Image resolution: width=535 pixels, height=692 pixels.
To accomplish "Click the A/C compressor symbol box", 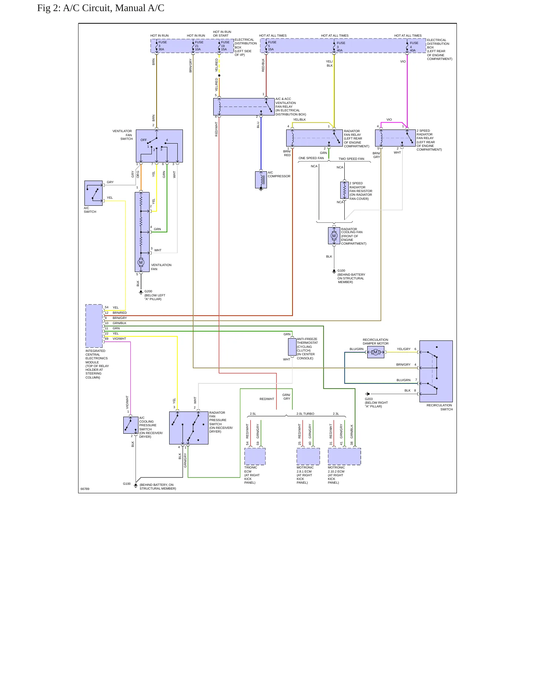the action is click(x=261, y=179).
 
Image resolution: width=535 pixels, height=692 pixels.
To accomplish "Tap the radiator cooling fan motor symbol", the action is click(x=334, y=236).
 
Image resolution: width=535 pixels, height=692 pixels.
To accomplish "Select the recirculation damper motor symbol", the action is click(x=375, y=352).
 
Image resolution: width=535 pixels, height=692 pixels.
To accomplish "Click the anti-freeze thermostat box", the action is click(x=292, y=347).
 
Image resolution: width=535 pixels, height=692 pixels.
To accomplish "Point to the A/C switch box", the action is click(x=93, y=193).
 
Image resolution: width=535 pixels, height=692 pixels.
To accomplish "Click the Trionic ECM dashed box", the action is click(x=255, y=456).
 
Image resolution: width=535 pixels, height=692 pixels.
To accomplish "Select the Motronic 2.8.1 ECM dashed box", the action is click(x=308, y=456).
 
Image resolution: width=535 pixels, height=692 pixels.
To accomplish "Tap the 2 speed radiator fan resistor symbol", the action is click(x=344, y=190).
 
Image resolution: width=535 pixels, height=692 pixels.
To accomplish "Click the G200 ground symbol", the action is click(x=141, y=292).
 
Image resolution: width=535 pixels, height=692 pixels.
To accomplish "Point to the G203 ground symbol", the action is click(x=367, y=394).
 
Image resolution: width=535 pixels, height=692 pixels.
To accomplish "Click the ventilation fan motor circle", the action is click(x=141, y=262).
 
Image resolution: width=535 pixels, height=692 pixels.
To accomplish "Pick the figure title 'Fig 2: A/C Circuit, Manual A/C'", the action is click(x=101, y=8).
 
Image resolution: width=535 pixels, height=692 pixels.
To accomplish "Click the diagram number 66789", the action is click(x=85, y=489).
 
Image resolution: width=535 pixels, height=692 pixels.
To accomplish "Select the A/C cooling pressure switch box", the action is click(x=131, y=425).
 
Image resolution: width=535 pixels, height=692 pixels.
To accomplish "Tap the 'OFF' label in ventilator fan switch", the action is click(x=144, y=140).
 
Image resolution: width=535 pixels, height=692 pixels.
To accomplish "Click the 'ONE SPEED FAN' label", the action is click(x=311, y=158).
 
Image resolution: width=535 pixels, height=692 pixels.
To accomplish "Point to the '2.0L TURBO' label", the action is click(x=305, y=414).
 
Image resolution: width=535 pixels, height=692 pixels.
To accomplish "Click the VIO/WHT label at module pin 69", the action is click(x=119, y=339).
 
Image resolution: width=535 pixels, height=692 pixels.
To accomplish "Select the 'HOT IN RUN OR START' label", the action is click(x=222, y=34).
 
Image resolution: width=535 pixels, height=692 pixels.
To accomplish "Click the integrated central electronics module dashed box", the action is click(x=94, y=326).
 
